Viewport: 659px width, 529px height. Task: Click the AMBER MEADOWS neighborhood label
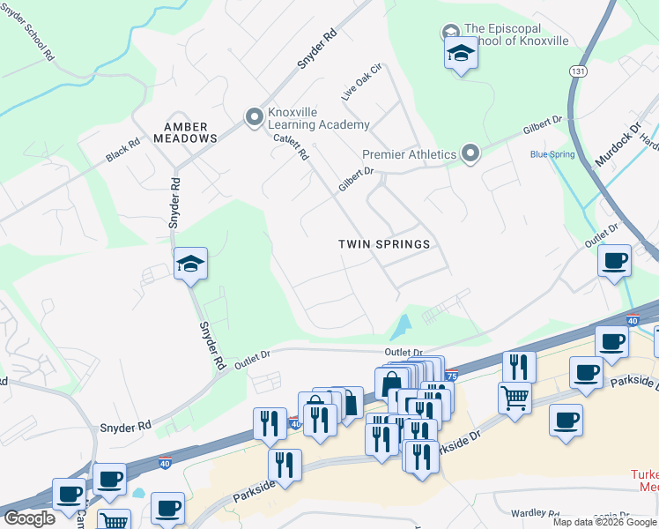[185, 132]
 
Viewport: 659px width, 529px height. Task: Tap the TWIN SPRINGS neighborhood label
[385, 244]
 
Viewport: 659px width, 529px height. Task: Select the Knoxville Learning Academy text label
[319, 118]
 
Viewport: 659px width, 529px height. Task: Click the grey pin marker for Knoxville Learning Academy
[255, 116]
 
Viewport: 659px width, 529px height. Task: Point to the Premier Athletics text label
[410, 154]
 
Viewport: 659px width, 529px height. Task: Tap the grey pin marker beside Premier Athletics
[470, 154]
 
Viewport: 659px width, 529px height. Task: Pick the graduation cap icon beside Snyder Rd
[190, 263]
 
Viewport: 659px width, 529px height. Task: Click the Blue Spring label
[552, 154]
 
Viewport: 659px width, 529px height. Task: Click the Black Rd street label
[122, 151]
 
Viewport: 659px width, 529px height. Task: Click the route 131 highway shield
[578, 71]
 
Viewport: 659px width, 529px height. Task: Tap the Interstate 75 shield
[451, 376]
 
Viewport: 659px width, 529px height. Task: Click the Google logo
[29, 518]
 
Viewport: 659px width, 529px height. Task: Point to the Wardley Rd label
[537, 514]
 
